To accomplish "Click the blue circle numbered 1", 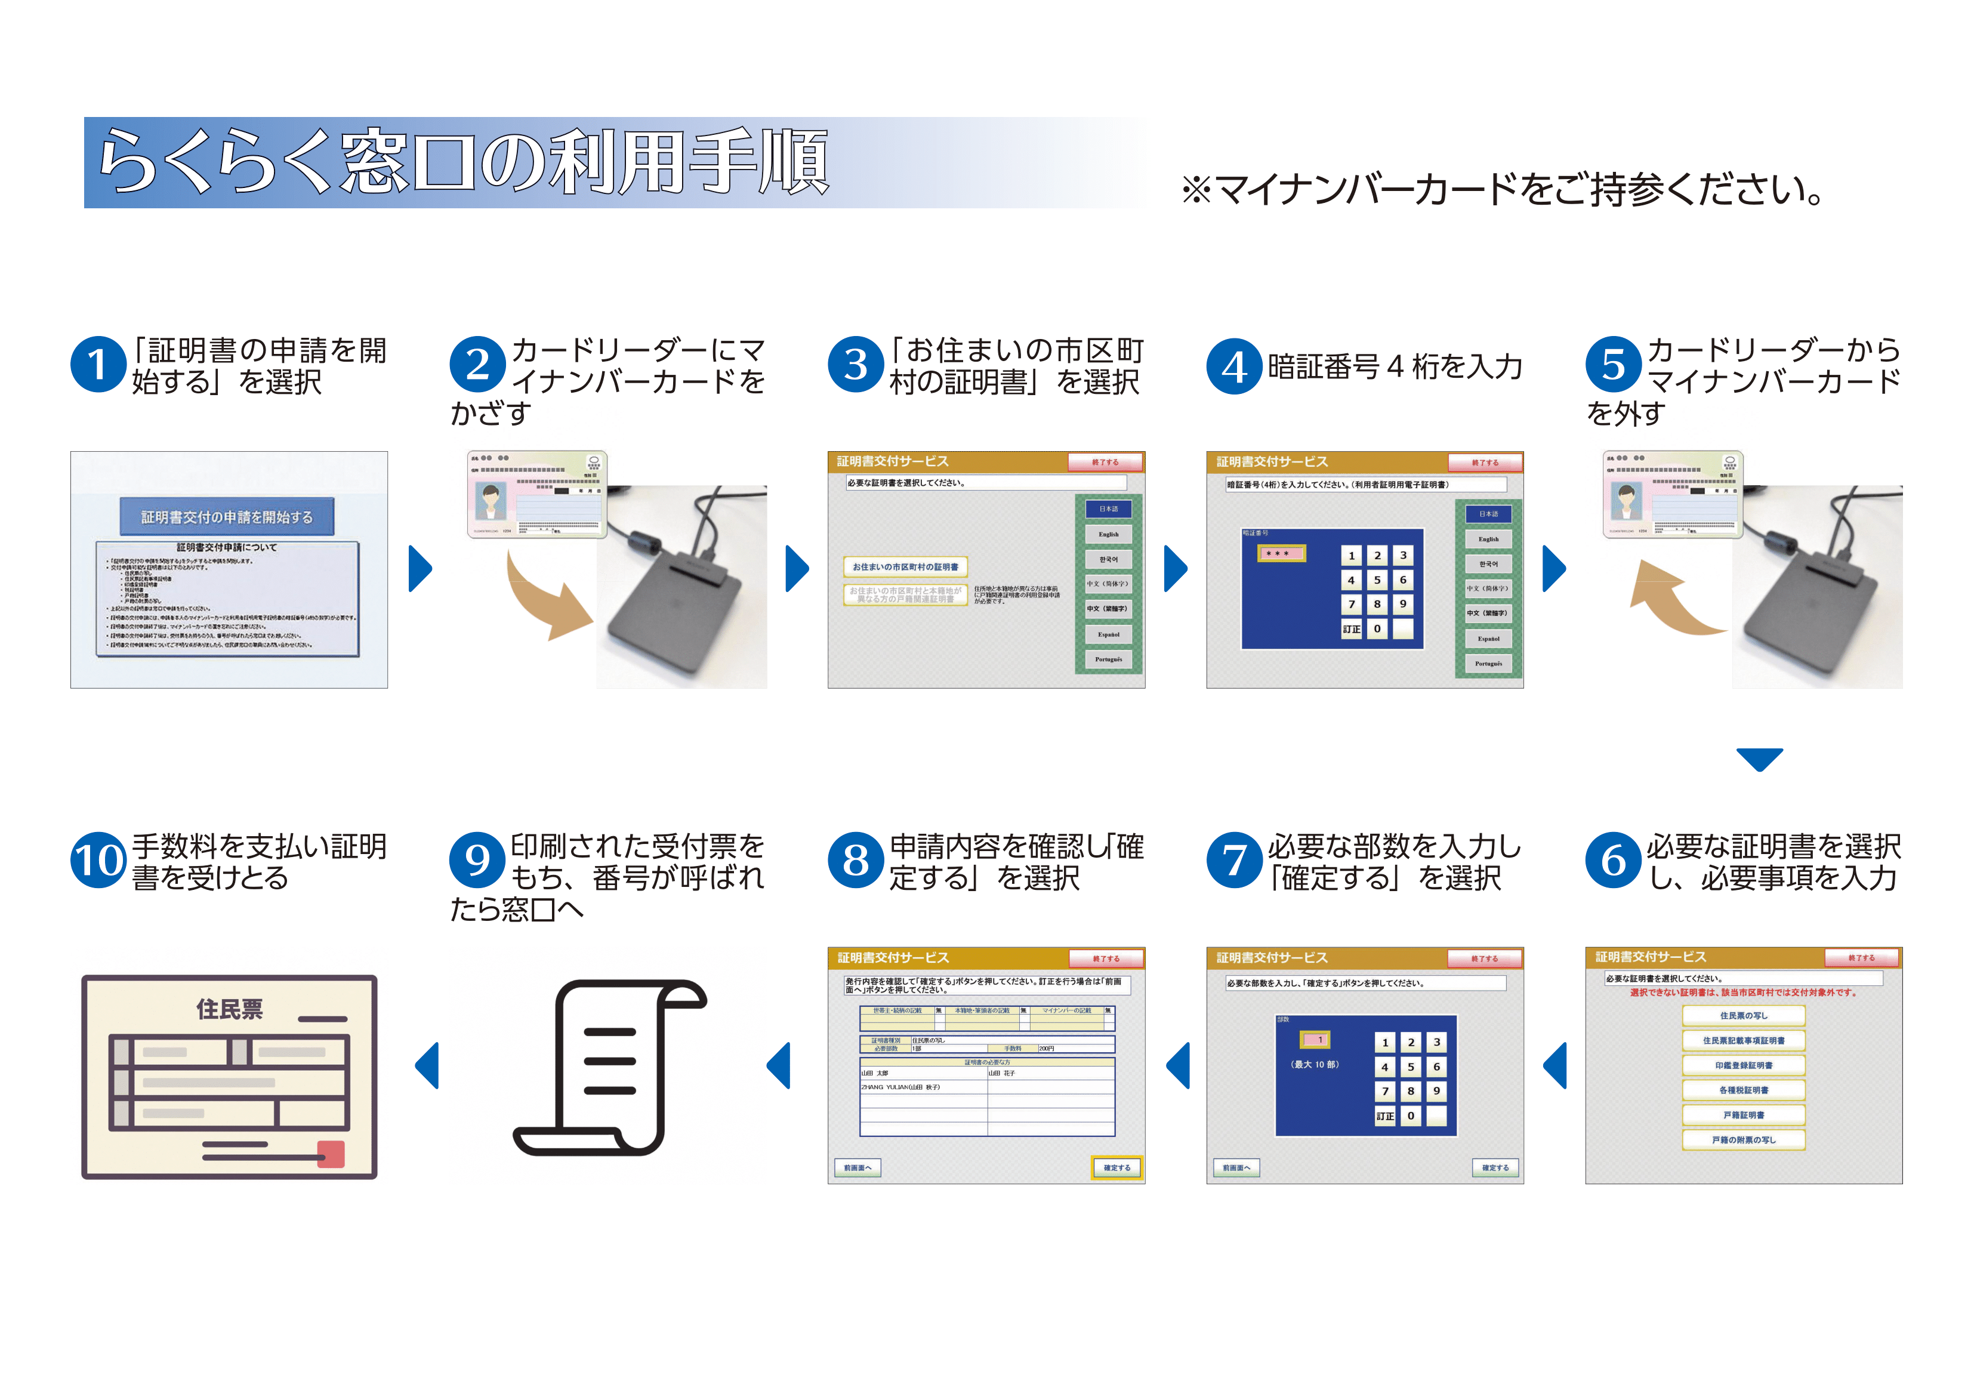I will tap(98, 365).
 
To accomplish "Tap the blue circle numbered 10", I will tap(98, 860).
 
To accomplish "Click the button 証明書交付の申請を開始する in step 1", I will tap(227, 517).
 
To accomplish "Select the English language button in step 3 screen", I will tap(1108, 534).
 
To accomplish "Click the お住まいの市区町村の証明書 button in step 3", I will tap(905, 567).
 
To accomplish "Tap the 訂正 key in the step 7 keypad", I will tap(1384, 1115).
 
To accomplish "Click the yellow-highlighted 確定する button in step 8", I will tap(1117, 1167).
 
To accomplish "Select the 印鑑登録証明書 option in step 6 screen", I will tap(1744, 1065).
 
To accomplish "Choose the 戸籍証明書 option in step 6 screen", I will tap(1744, 1115).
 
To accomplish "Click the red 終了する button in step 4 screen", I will tap(1484, 463).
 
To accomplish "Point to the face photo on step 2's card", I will tap(490, 501).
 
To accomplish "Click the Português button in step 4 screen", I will tap(1488, 663).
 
